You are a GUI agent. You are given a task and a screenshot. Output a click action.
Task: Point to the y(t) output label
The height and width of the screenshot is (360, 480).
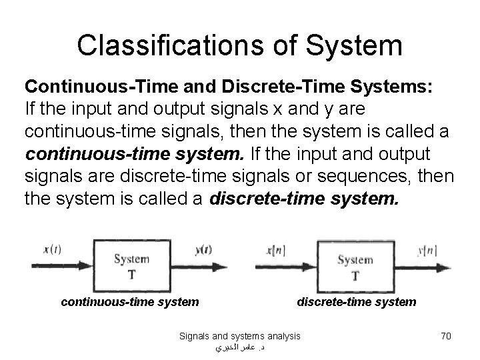pyautogui.click(x=203, y=251)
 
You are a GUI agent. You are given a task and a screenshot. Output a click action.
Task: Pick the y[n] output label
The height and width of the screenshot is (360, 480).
pyautogui.click(x=427, y=251)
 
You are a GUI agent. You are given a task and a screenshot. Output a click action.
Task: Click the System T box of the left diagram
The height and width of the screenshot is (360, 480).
pyautogui.click(x=131, y=266)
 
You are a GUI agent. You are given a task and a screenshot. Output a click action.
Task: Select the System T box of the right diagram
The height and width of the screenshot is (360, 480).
pyautogui.click(x=355, y=266)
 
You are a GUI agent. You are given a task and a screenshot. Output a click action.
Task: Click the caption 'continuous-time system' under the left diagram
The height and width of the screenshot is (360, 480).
pyautogui.click(x=129, y=302)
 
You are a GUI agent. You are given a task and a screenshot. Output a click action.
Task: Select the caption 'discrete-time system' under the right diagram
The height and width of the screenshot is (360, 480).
pyautogui.click(x=356, y=302)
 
